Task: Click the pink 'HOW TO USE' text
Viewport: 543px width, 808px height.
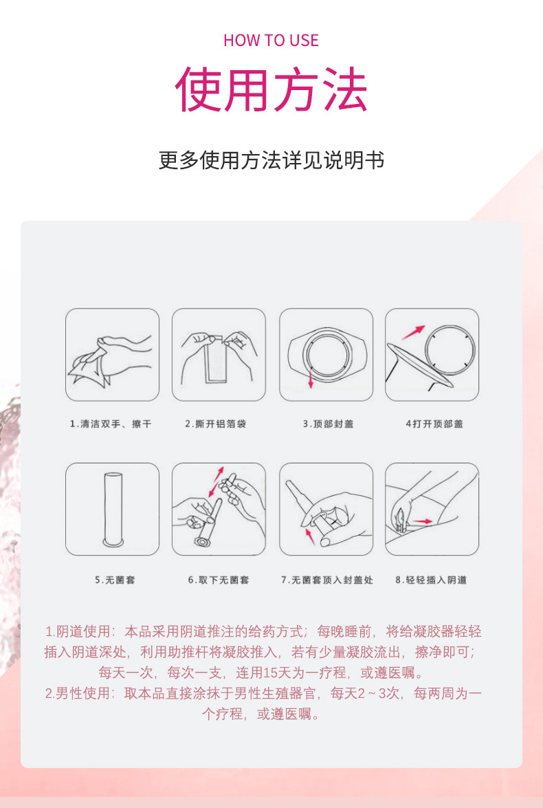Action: pos(271,40)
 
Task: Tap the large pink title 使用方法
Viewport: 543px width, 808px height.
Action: pos(271,89)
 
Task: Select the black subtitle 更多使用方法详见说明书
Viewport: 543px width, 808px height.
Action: pos(271,160)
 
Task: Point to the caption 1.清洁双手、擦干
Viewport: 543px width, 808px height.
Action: pos(111,424)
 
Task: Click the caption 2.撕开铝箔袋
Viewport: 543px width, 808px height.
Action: pos(216,424)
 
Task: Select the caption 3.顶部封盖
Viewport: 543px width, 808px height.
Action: pos(328,424)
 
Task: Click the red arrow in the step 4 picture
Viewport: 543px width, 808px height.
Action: pos(414,332)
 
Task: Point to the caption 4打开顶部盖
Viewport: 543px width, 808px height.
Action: pos(434,424)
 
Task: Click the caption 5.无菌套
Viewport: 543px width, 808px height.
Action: pos(115,580)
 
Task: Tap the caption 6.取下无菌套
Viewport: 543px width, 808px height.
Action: pos(219,580)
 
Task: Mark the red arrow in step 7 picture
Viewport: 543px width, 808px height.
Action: pos(309,536)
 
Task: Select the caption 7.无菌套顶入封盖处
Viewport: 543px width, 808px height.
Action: pos(327,580)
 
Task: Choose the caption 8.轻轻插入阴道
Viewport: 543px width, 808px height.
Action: pos(431,580)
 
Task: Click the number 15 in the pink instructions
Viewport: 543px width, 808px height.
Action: pos(271,673)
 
